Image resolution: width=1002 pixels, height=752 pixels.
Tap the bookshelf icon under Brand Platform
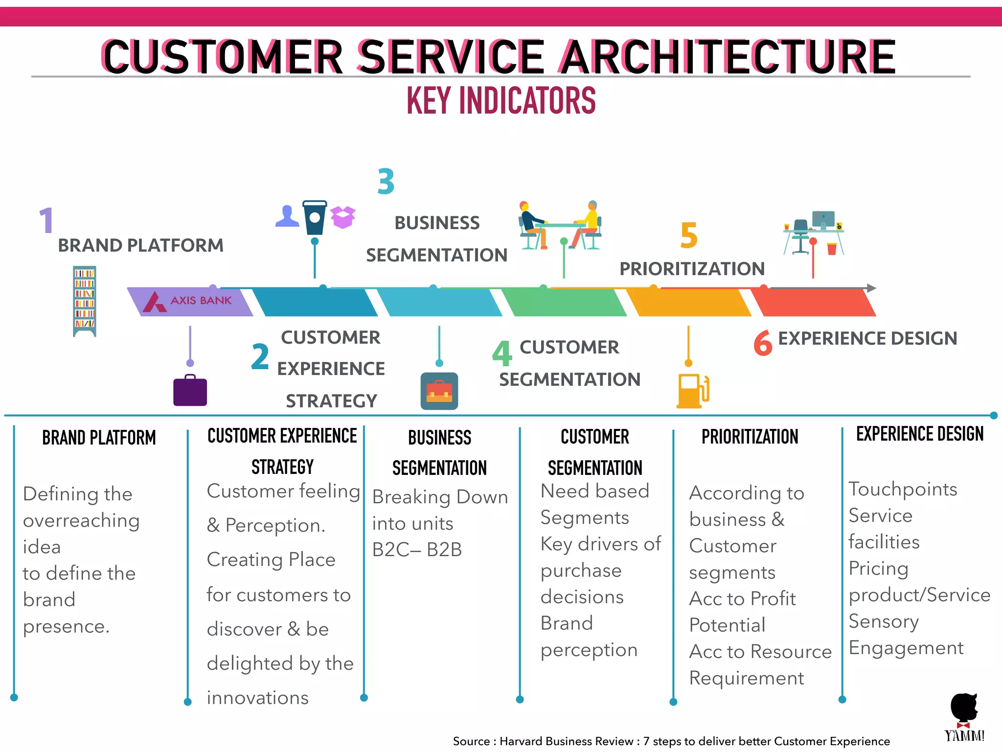pos(84,301)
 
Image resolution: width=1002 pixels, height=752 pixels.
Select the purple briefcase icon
pos(190,391)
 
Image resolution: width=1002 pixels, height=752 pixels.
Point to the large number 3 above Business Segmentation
pos(386,182)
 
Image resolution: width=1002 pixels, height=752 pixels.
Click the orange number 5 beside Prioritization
pos(689,235)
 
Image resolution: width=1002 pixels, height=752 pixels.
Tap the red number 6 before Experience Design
pos(763,343)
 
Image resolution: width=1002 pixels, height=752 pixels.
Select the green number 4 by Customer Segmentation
pos(502,353)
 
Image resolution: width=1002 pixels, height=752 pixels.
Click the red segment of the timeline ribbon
pos(814,303)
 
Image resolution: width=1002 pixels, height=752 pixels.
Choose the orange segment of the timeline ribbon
pos(689,303)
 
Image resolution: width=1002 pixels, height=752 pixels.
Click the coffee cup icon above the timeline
pos(314,217)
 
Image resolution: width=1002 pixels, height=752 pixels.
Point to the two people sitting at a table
pos(560,225)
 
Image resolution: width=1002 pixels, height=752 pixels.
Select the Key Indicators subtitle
pos(501,100)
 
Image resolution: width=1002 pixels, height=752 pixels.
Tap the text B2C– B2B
pos(417,550)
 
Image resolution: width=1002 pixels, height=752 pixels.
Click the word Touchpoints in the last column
pos(903,489)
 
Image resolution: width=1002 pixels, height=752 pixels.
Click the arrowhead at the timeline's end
pos(871,288)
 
